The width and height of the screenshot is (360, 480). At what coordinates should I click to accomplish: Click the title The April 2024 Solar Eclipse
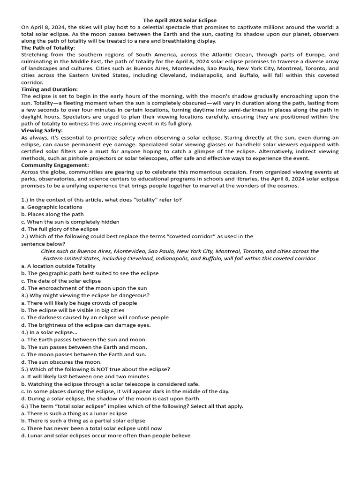pyautogui.click(x=180, y=21)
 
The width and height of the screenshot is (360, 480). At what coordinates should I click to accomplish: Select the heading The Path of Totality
pyautogui.click(x=48, y=48)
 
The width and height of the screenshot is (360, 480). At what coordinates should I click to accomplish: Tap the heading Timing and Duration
pyautogui.click(x=49, y=89)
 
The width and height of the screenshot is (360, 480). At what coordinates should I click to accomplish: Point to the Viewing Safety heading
pyautogui.click(x=42, y=130)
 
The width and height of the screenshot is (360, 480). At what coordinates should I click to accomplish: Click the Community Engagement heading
pyautogui.click(x=54, y=165)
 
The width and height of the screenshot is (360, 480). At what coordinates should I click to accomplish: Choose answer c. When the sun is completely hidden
pyautogui.click(x=70, y=222)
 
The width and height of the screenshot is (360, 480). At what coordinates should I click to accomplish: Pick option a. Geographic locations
pyautogui.click(x=52, y=207)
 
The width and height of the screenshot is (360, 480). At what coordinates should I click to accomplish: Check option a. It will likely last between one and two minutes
pyautogui.click(x=85, y=376)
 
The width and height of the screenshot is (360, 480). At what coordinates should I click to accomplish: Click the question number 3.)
pyautogui.click(x=26, y=295)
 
